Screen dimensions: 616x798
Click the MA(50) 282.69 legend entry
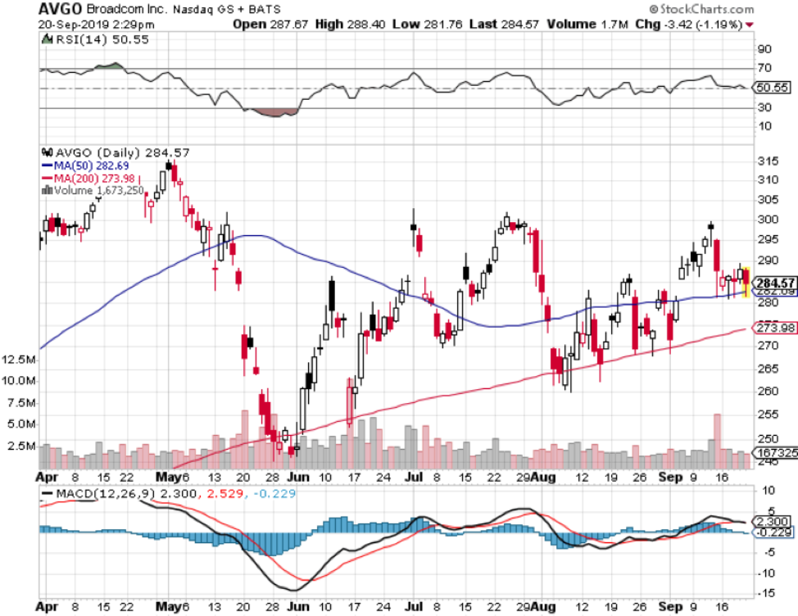coord(89,166)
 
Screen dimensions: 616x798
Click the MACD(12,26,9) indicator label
coord(99,494)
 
